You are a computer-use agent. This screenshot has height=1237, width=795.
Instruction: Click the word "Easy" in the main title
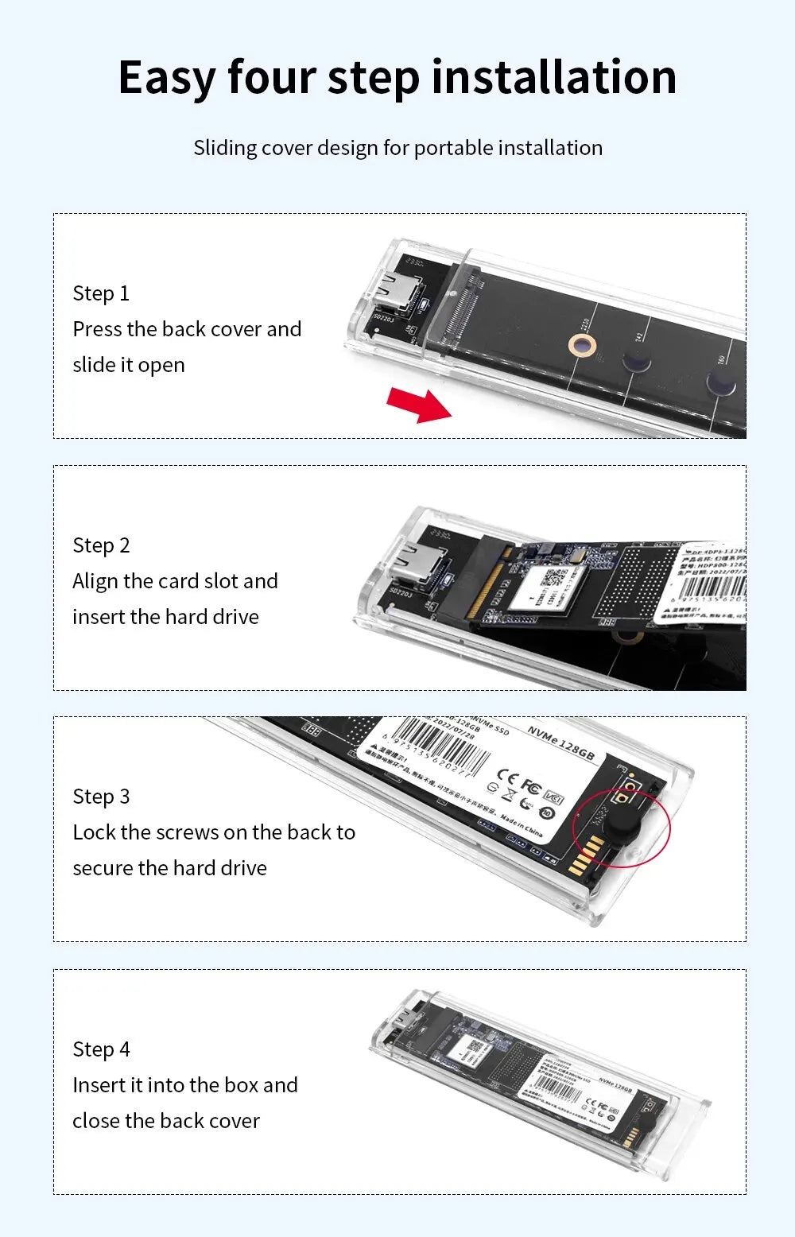click(x=166, y=78)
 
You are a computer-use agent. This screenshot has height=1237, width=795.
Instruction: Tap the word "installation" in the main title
click(x=554, y=77)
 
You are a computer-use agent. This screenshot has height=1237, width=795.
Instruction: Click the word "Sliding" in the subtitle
click(x=225, y=148)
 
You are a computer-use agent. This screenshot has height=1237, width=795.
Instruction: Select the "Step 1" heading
click(x=101, y=293)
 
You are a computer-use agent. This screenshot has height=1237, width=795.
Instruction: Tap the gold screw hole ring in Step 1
click(x=583, y=345)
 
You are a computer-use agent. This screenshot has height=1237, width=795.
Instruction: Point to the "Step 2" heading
click(x=101, y=545)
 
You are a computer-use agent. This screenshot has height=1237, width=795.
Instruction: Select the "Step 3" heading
click(x=101, y=797)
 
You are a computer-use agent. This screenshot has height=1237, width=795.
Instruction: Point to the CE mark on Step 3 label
click(x=507, y=776)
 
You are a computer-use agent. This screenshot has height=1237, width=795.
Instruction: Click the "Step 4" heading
click(x=101, y=1049)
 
